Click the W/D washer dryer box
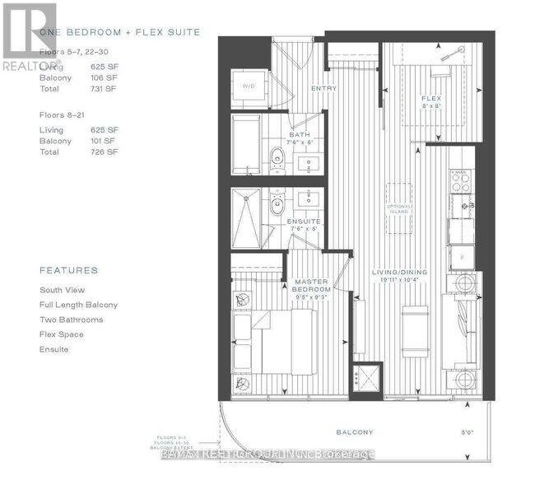pyautogui.click(x=248, y=86)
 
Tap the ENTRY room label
pyautogui.click(x=321, y=89)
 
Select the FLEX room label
pyautogui.click(x=431, y=99)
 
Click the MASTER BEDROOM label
pyautogui.click(x=312, y=286)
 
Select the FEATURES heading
pyautogui.click(x=68, y=270)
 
